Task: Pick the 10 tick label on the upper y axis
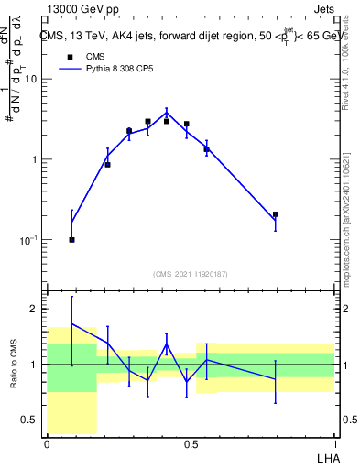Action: (30, 79)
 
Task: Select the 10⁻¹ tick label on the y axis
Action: (27, 239)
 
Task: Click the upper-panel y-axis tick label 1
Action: (34, 159)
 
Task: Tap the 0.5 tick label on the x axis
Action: (191, 444)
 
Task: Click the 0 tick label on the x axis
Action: (47, 444)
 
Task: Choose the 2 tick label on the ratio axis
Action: (35, 310)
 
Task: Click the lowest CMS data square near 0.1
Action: (71, 239)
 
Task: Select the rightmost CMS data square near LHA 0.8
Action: (275, 214)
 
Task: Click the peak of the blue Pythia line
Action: (167, 112)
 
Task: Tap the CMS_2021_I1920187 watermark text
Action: (191, 274)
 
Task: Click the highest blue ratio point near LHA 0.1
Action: (71, 323)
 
